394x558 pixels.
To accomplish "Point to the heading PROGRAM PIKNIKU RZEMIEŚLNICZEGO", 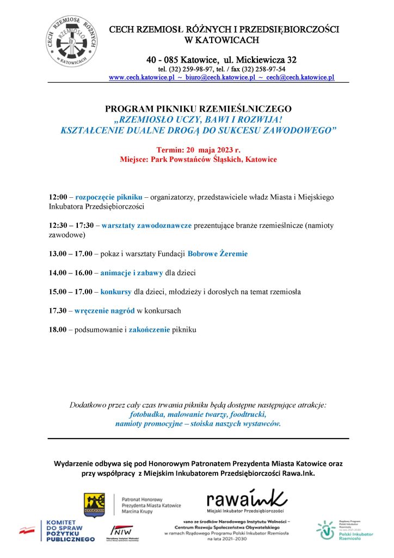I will click(x=198, y=109).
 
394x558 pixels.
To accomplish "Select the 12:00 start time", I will click(x=57, y=196).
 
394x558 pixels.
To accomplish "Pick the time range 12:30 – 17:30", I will click(x=71, y=225).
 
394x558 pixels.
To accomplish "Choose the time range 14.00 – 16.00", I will click(x=70, y=272).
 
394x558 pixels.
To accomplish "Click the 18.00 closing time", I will click(x=57, y=330).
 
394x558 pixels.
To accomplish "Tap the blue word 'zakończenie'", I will click(x=150, y=330).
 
